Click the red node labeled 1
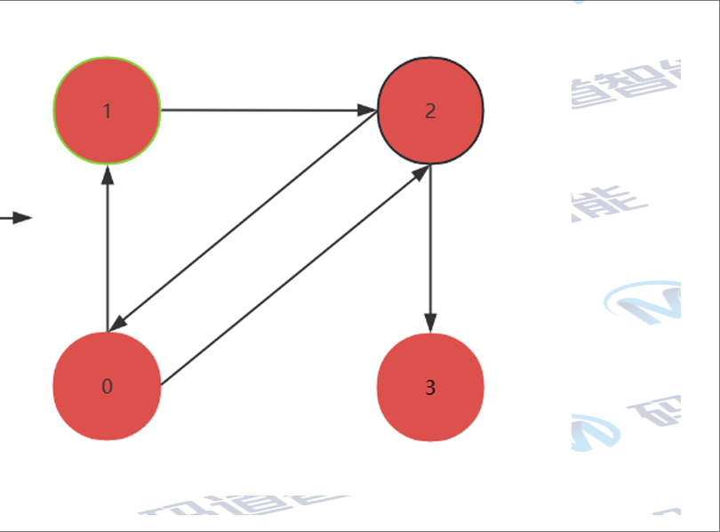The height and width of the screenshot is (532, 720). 107,111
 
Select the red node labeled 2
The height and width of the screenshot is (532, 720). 430,111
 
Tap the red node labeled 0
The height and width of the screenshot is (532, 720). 107,386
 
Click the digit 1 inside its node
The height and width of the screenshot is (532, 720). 107,111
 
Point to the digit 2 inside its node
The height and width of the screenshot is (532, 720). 430,111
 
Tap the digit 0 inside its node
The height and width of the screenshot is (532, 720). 107,386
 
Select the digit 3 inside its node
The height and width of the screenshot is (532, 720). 430,388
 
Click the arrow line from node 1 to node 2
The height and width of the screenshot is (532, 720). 267,110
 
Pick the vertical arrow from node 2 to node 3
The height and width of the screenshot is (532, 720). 430,240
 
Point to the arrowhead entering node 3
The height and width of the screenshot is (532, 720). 430,324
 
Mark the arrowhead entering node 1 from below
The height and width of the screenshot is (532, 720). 107,174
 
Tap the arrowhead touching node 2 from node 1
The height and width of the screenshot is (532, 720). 368,110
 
